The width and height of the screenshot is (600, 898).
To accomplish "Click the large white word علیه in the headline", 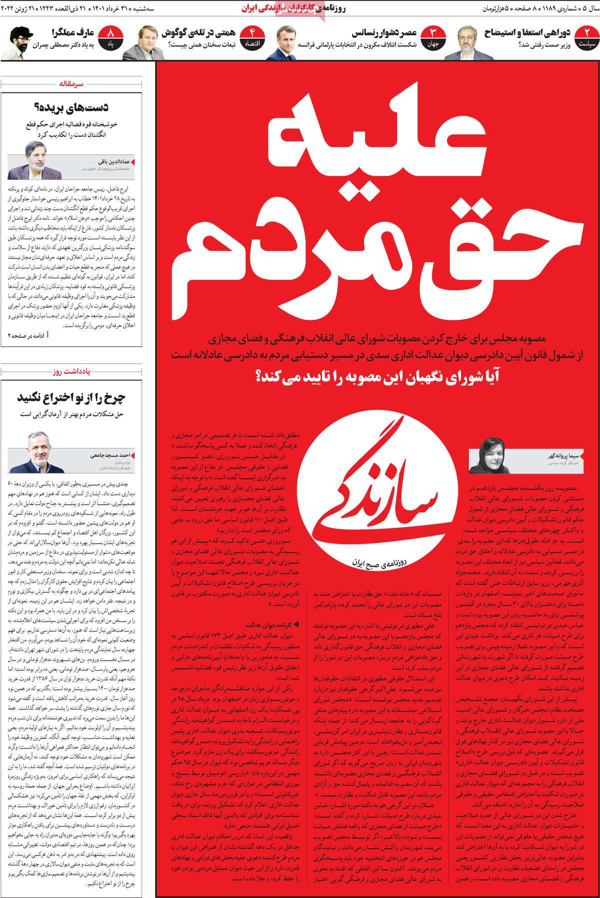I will pos(380,145).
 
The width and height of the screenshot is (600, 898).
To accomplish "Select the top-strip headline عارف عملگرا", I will pos(73,33).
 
